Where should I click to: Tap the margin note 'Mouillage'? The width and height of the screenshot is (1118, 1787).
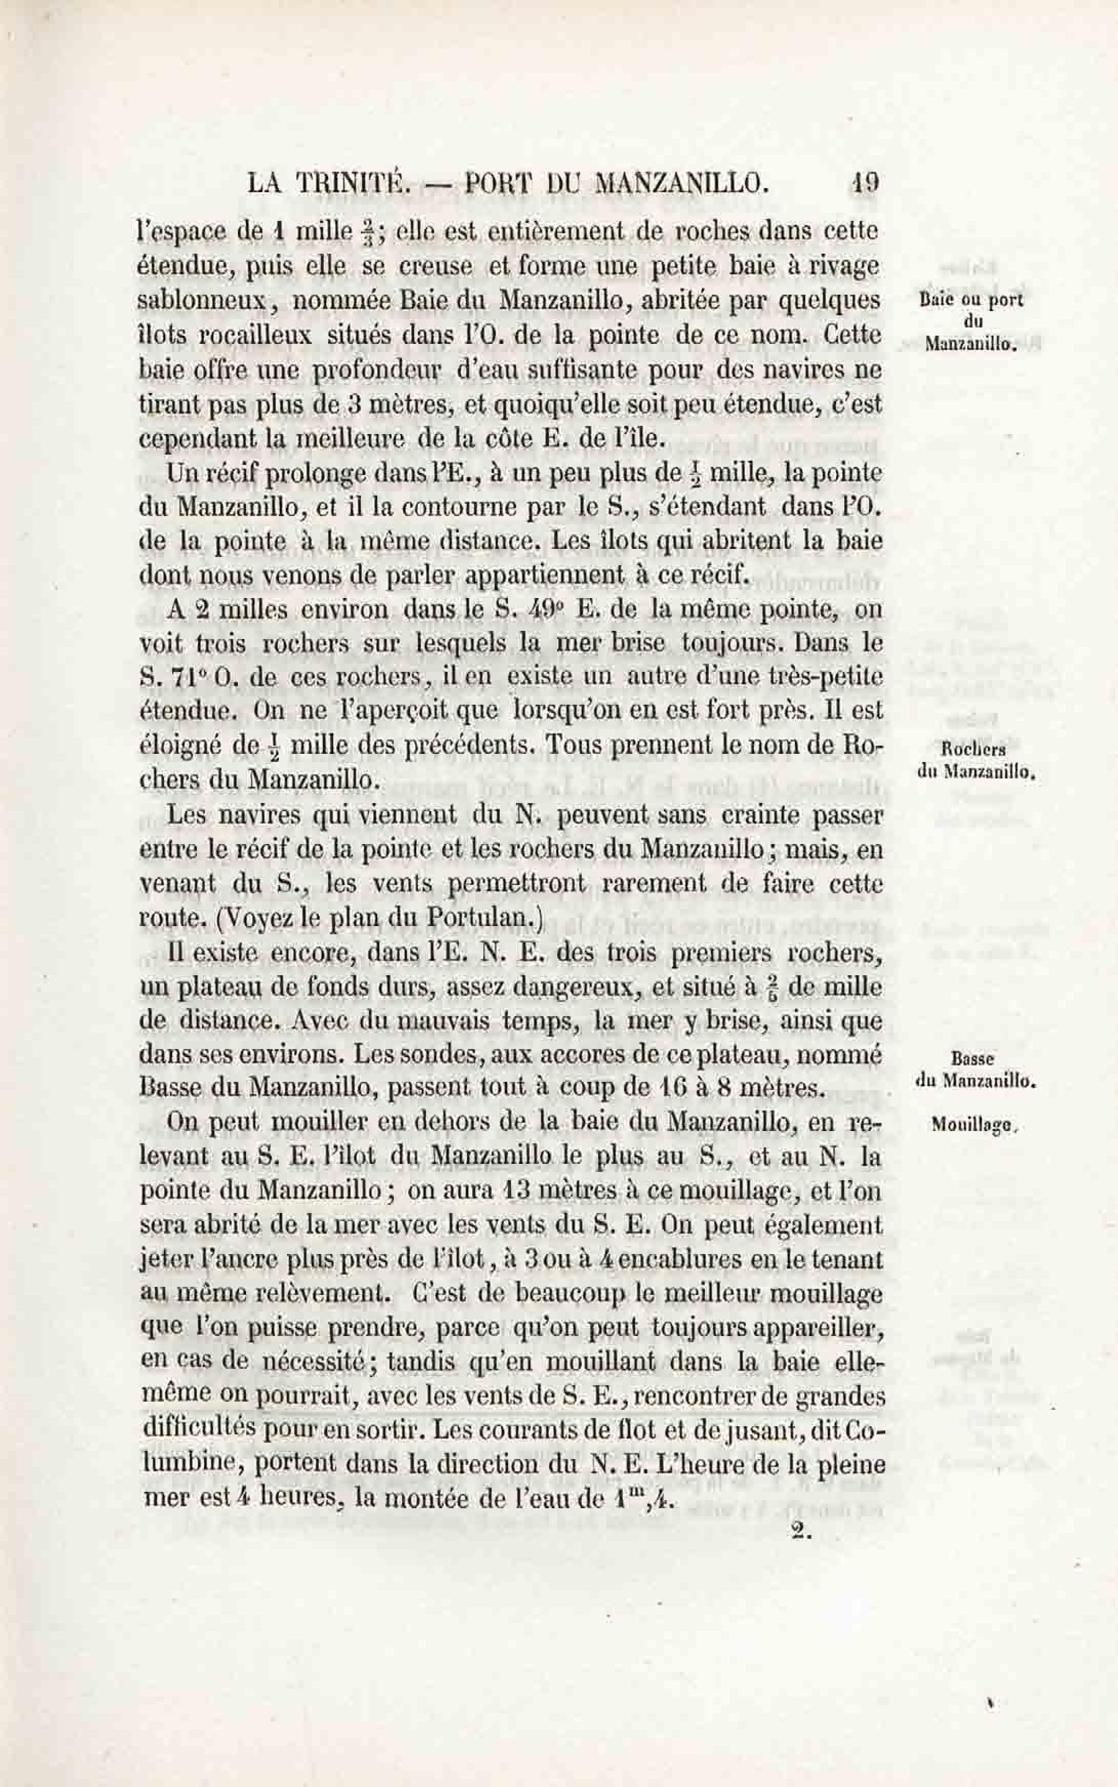click(x=974, y=1126)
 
